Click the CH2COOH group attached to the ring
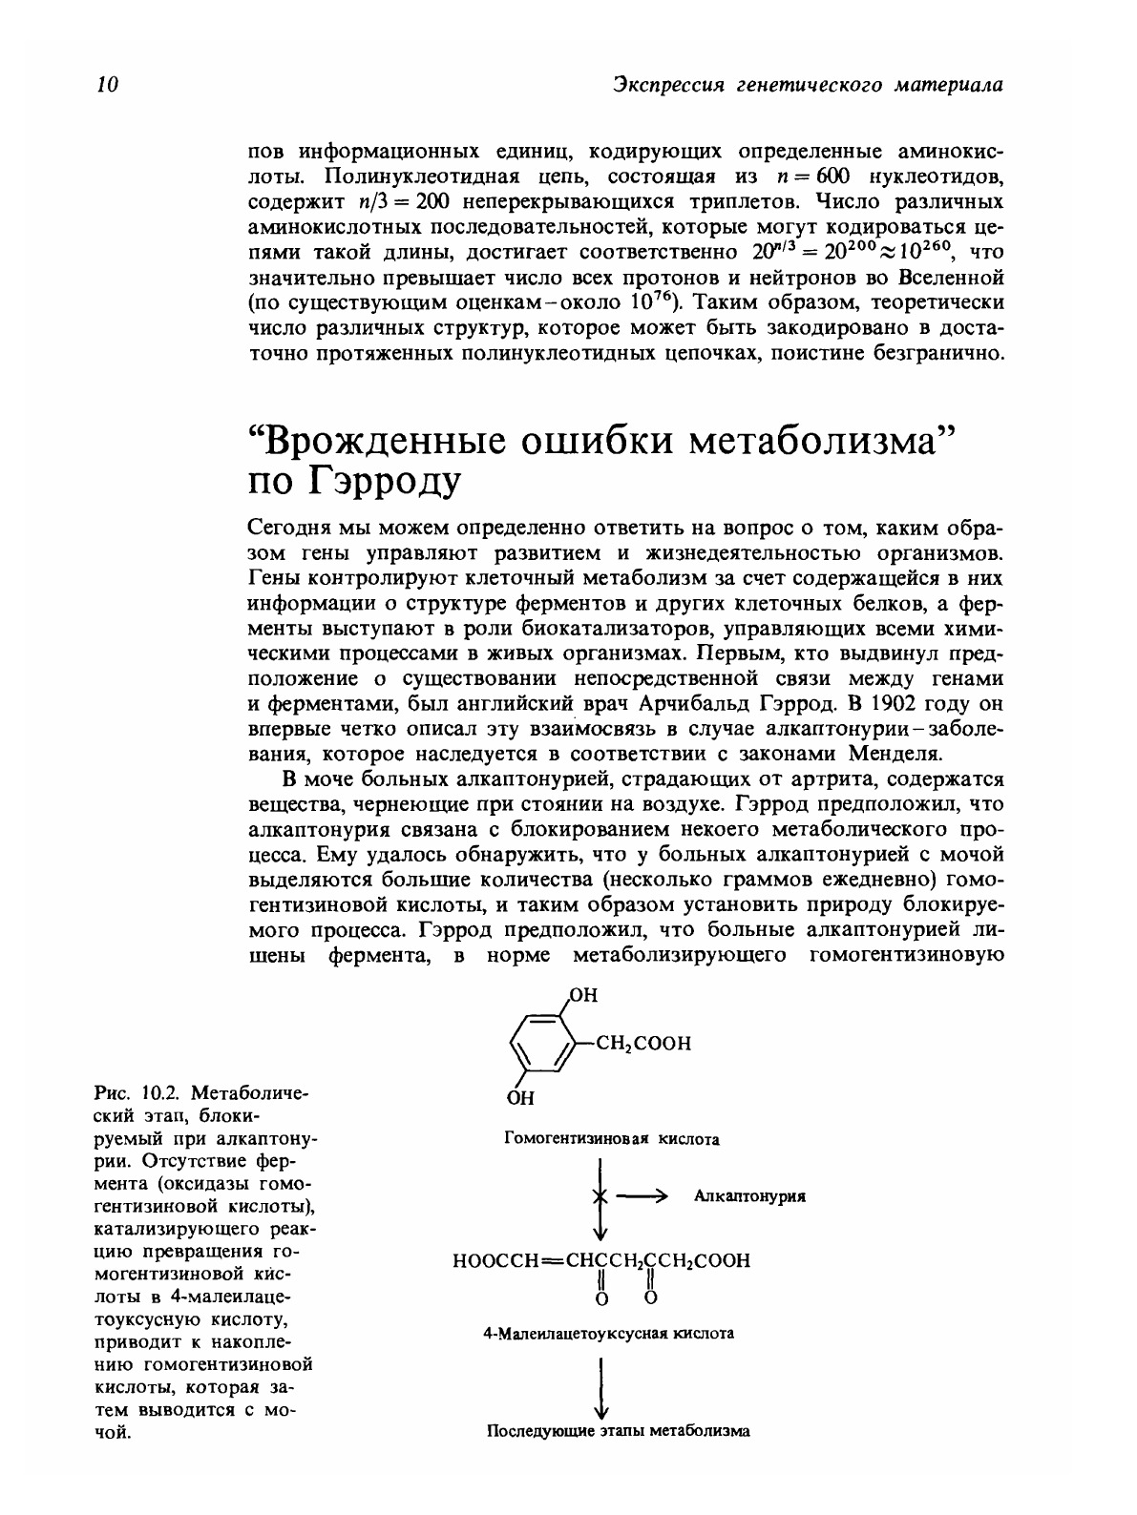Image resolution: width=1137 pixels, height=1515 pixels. tap(643, 1043)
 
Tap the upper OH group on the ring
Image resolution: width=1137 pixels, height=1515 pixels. tap(582, 995)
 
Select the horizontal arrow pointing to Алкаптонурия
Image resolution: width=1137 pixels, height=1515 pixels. tap(640, 1196)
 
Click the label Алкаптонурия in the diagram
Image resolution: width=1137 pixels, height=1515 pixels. tap(749, 1196)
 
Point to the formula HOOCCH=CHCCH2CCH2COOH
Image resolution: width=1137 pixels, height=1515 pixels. tap(601, 1260)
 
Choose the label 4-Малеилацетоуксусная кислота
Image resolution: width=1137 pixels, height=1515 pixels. tap(609, 1333)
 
